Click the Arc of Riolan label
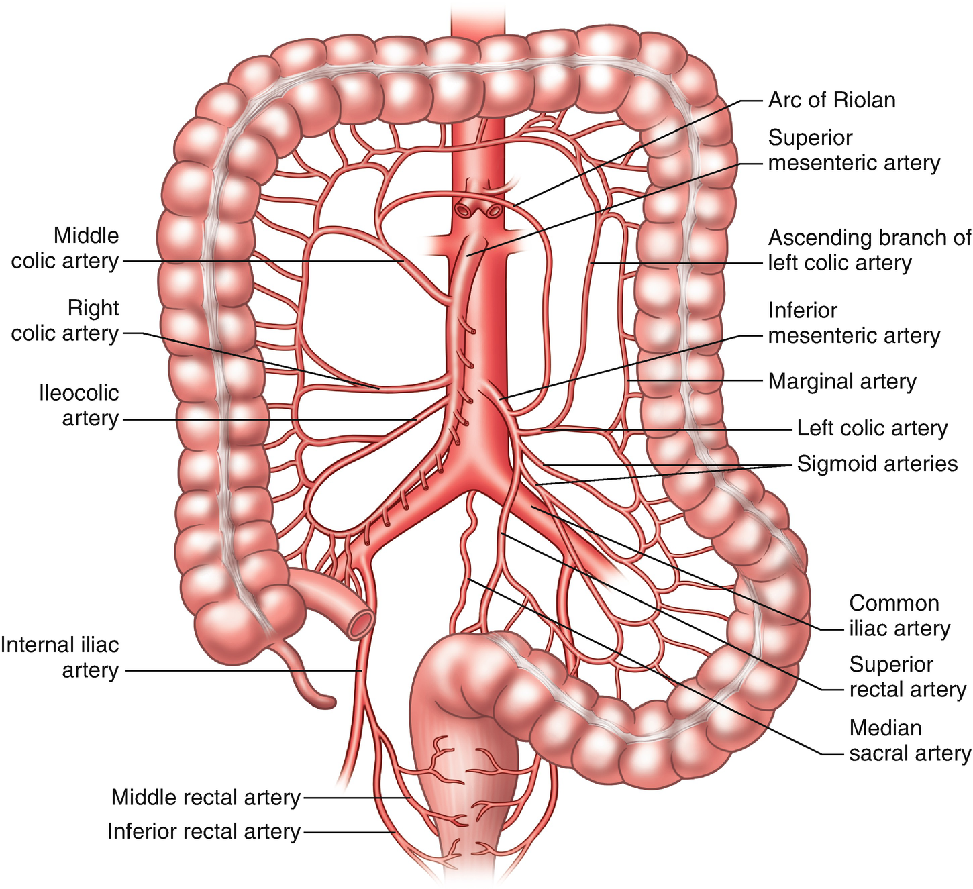(831, 100)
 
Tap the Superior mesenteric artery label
(854, 150)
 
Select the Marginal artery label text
(842, 381)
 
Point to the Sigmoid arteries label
(877, 464)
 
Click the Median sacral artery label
(909, 741)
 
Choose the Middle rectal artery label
(205, 797)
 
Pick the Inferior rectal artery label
(203, 831)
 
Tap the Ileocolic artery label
(79, 405)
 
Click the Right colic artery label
(65, 321)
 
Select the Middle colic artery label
(65, 248)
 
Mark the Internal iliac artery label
(60, 658)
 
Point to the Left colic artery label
(872, 428)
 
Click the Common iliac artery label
(899, 616)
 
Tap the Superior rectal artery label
(907, 677)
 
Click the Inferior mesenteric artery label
(854, 323)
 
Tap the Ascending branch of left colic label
(869, 250)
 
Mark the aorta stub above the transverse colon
(477, 20)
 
